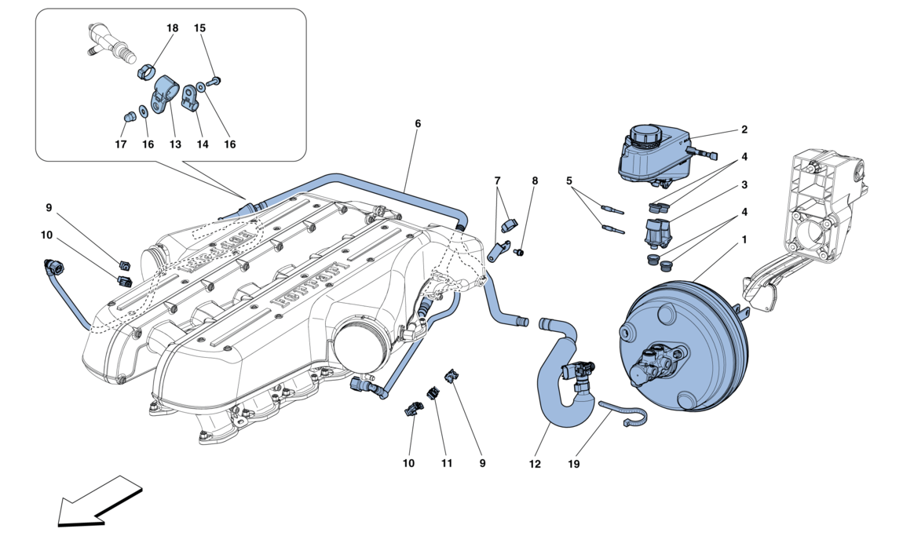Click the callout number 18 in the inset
click(173, 28)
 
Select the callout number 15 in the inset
click(199, 28)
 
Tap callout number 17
click(120, 144)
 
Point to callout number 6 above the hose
click(418, 124)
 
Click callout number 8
click(535, 180)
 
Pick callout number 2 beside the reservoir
click(744, 130)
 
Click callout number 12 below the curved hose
click(535, 464)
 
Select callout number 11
click(447, 464)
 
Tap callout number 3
click(744, 185)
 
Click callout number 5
click(568, 180)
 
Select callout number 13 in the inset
click(175, 144)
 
